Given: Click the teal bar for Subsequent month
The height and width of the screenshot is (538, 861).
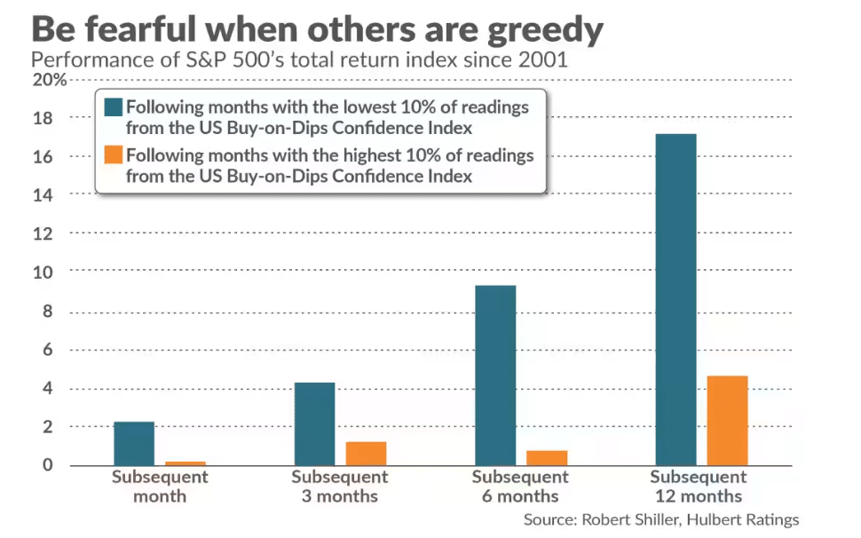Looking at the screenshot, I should coord(134,443).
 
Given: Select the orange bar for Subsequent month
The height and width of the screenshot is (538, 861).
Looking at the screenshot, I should coord(185,463).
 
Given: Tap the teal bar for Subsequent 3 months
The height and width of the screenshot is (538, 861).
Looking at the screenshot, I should coord(314,423).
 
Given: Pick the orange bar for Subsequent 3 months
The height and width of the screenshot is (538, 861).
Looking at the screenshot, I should coord(366,453).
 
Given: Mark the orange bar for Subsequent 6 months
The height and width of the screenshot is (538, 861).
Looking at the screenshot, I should coord(546,457).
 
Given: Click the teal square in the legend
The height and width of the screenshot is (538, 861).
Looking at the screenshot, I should coord(113,107).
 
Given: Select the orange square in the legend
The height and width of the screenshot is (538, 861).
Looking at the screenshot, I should coord(113,154).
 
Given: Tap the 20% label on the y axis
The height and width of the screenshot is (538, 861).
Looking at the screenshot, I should coord(49,80).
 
